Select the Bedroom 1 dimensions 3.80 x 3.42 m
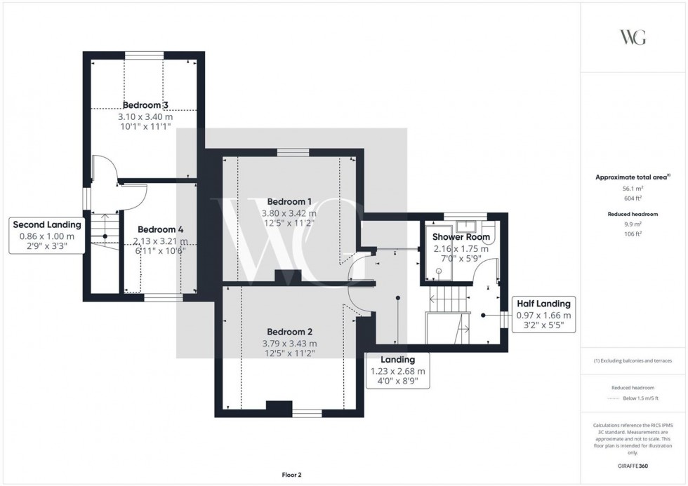pyautogui.click(x=289, y=213)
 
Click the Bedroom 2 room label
pyautogui.click(x=289, y=332)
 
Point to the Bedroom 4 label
pyautogui.click(x=160, y=229)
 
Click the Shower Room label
pyautogui.click(x=461, y=237)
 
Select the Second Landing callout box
pyautogui.click(x=48, y=236)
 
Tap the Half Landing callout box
pyautogui.click(x=544, y=315)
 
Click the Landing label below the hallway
pyautogui.click(x=397, y=360)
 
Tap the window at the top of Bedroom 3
pyautogui.click(x=145, y=54)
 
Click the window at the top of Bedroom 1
pyautogui.click(x=292, y=152)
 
